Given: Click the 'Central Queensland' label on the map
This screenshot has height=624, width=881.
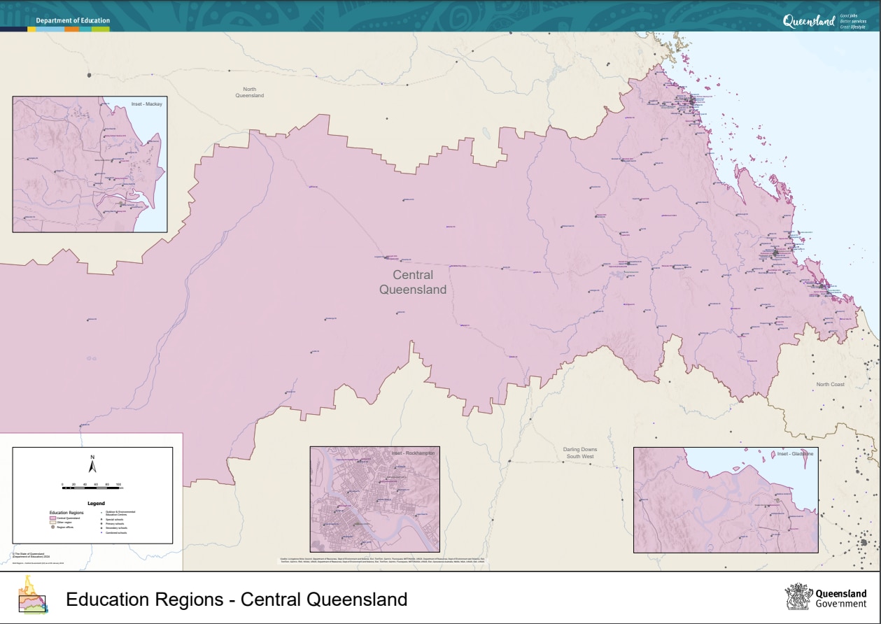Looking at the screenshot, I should [412, 283].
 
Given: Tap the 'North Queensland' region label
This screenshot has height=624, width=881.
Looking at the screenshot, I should [249, 92].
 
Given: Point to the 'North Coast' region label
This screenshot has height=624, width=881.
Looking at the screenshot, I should [830, 385].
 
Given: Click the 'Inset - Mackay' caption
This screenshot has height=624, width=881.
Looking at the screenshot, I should [146, 104].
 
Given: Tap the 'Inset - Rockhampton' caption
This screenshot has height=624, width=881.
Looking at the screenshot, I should [413, 453].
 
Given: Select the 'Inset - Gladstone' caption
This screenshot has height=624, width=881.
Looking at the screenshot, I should [795, 454].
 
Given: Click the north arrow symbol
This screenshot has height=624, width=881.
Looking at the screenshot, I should [92, 465].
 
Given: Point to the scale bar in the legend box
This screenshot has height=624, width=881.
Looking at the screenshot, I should [92, 488].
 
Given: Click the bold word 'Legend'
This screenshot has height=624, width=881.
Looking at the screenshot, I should [96, 503].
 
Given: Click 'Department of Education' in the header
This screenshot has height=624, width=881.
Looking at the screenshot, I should [73, 21].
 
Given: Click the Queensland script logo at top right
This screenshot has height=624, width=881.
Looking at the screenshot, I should [808, 22].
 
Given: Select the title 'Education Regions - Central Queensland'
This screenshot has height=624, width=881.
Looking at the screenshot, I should [237, 600].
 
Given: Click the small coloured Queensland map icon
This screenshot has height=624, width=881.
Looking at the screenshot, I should [31, 596].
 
